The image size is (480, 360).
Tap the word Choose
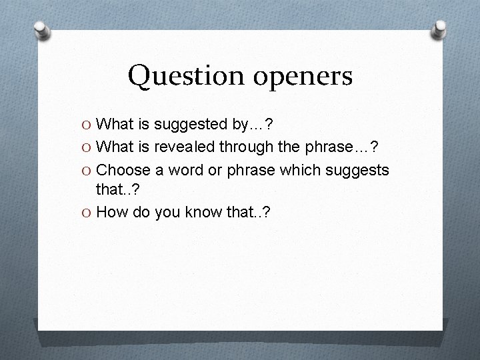[x=121, y=170]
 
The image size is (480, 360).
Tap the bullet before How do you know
[x=87, y=213]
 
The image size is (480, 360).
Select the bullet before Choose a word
[x=87, y=170]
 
